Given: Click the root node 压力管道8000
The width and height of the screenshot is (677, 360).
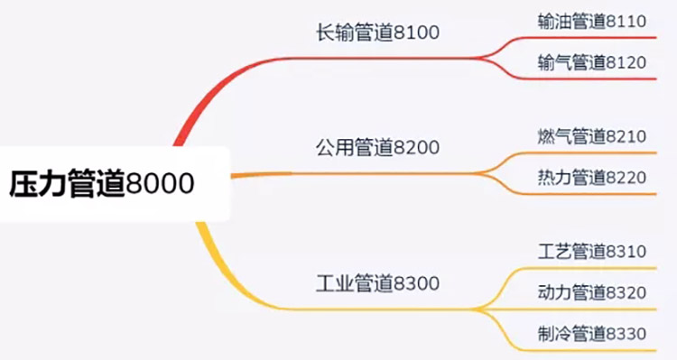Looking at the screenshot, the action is click(x=102, y=184).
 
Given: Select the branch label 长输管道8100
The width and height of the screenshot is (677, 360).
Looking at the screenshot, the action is click(x=376, y=34).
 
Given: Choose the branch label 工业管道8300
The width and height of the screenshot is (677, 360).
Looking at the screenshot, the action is click(x=377, y=283).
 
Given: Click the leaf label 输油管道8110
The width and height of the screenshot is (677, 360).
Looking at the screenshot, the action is click(x=591, y=22).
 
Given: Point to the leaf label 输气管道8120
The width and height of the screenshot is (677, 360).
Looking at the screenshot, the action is click(x=591, y=62).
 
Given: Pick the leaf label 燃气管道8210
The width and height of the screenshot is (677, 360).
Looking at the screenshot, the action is click(x=591, y=137).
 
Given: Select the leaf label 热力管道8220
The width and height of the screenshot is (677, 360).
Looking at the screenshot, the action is click(x=591, y=178).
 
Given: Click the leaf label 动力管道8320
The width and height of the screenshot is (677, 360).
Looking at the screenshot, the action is click(x=591, y=292).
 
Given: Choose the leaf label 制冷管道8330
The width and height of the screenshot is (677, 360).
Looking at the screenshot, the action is click(x=591, y=333).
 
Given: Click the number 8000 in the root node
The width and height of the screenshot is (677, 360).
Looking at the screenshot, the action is click(x=160, y=184).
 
